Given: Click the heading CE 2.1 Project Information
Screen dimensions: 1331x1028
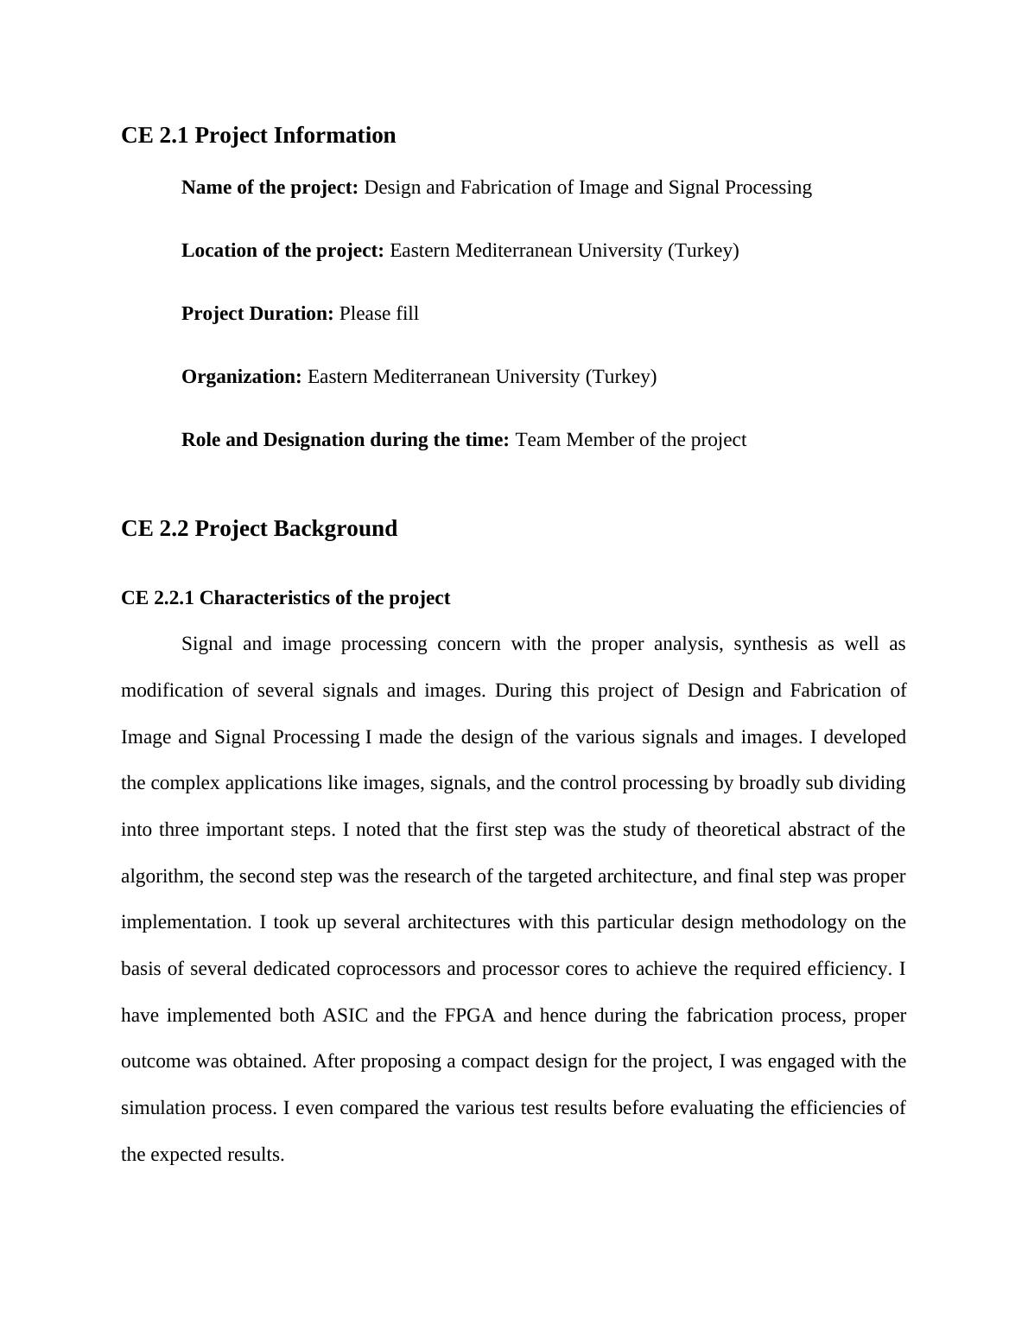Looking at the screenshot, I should click(x=258, y=136).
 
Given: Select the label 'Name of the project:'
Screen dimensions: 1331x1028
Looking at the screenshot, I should click(x=270, y=188).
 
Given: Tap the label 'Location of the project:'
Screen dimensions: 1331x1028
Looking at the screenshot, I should click(x=282, y=251).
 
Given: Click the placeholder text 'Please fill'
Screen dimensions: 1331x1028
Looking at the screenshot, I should click(x=379, y=314).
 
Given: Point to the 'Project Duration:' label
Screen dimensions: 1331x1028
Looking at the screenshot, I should click(x=257, y=314).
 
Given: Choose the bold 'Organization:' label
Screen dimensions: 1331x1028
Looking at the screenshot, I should click(x=242, y=377).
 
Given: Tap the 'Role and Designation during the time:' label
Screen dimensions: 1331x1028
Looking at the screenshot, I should click(x=346, y=440).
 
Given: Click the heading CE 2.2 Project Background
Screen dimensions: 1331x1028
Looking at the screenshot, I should click(x=259, y=529).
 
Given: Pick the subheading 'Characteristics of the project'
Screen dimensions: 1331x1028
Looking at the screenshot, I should click(x=325, y=598).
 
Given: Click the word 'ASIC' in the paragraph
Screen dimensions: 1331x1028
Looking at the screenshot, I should click(x=345, y=1016).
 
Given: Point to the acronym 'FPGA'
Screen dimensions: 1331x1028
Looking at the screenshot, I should click(x=470, y=1016).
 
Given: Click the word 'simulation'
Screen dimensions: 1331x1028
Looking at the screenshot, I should click(x=162, y=1108).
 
